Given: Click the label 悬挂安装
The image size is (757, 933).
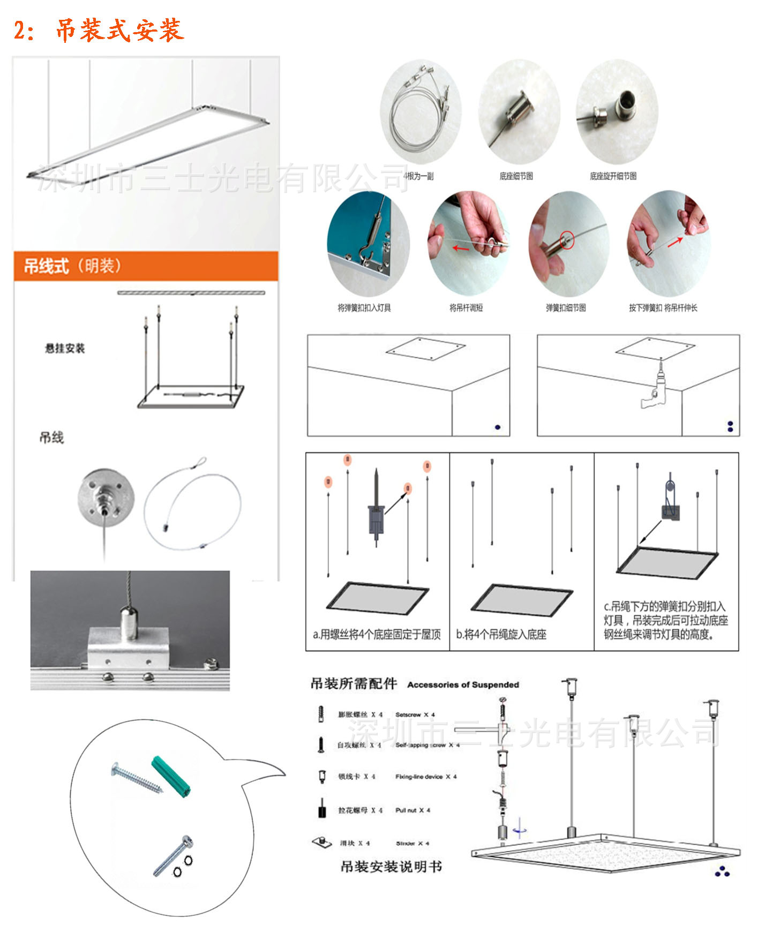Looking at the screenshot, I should (65, 349).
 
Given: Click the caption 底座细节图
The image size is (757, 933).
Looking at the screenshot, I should (516, 176).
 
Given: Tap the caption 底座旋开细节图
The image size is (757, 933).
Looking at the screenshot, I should (613, 176).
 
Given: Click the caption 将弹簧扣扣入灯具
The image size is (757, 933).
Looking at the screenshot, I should (364, 308).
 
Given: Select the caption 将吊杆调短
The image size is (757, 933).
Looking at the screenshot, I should (466, 308).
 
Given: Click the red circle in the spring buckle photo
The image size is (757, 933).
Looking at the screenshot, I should (567, 239).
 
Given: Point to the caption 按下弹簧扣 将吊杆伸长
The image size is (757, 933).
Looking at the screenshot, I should (663, 308).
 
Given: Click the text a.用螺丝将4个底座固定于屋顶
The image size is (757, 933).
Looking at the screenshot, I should (377, 635).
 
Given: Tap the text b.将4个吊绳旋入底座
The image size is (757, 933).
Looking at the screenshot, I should (501, 635).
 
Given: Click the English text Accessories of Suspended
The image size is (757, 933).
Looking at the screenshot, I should (463, 684).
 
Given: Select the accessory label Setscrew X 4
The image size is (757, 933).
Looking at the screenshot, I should (415, 714).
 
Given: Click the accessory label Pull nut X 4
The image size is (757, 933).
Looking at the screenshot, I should (413, 810).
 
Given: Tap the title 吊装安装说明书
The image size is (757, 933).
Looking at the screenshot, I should (391, 867).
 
